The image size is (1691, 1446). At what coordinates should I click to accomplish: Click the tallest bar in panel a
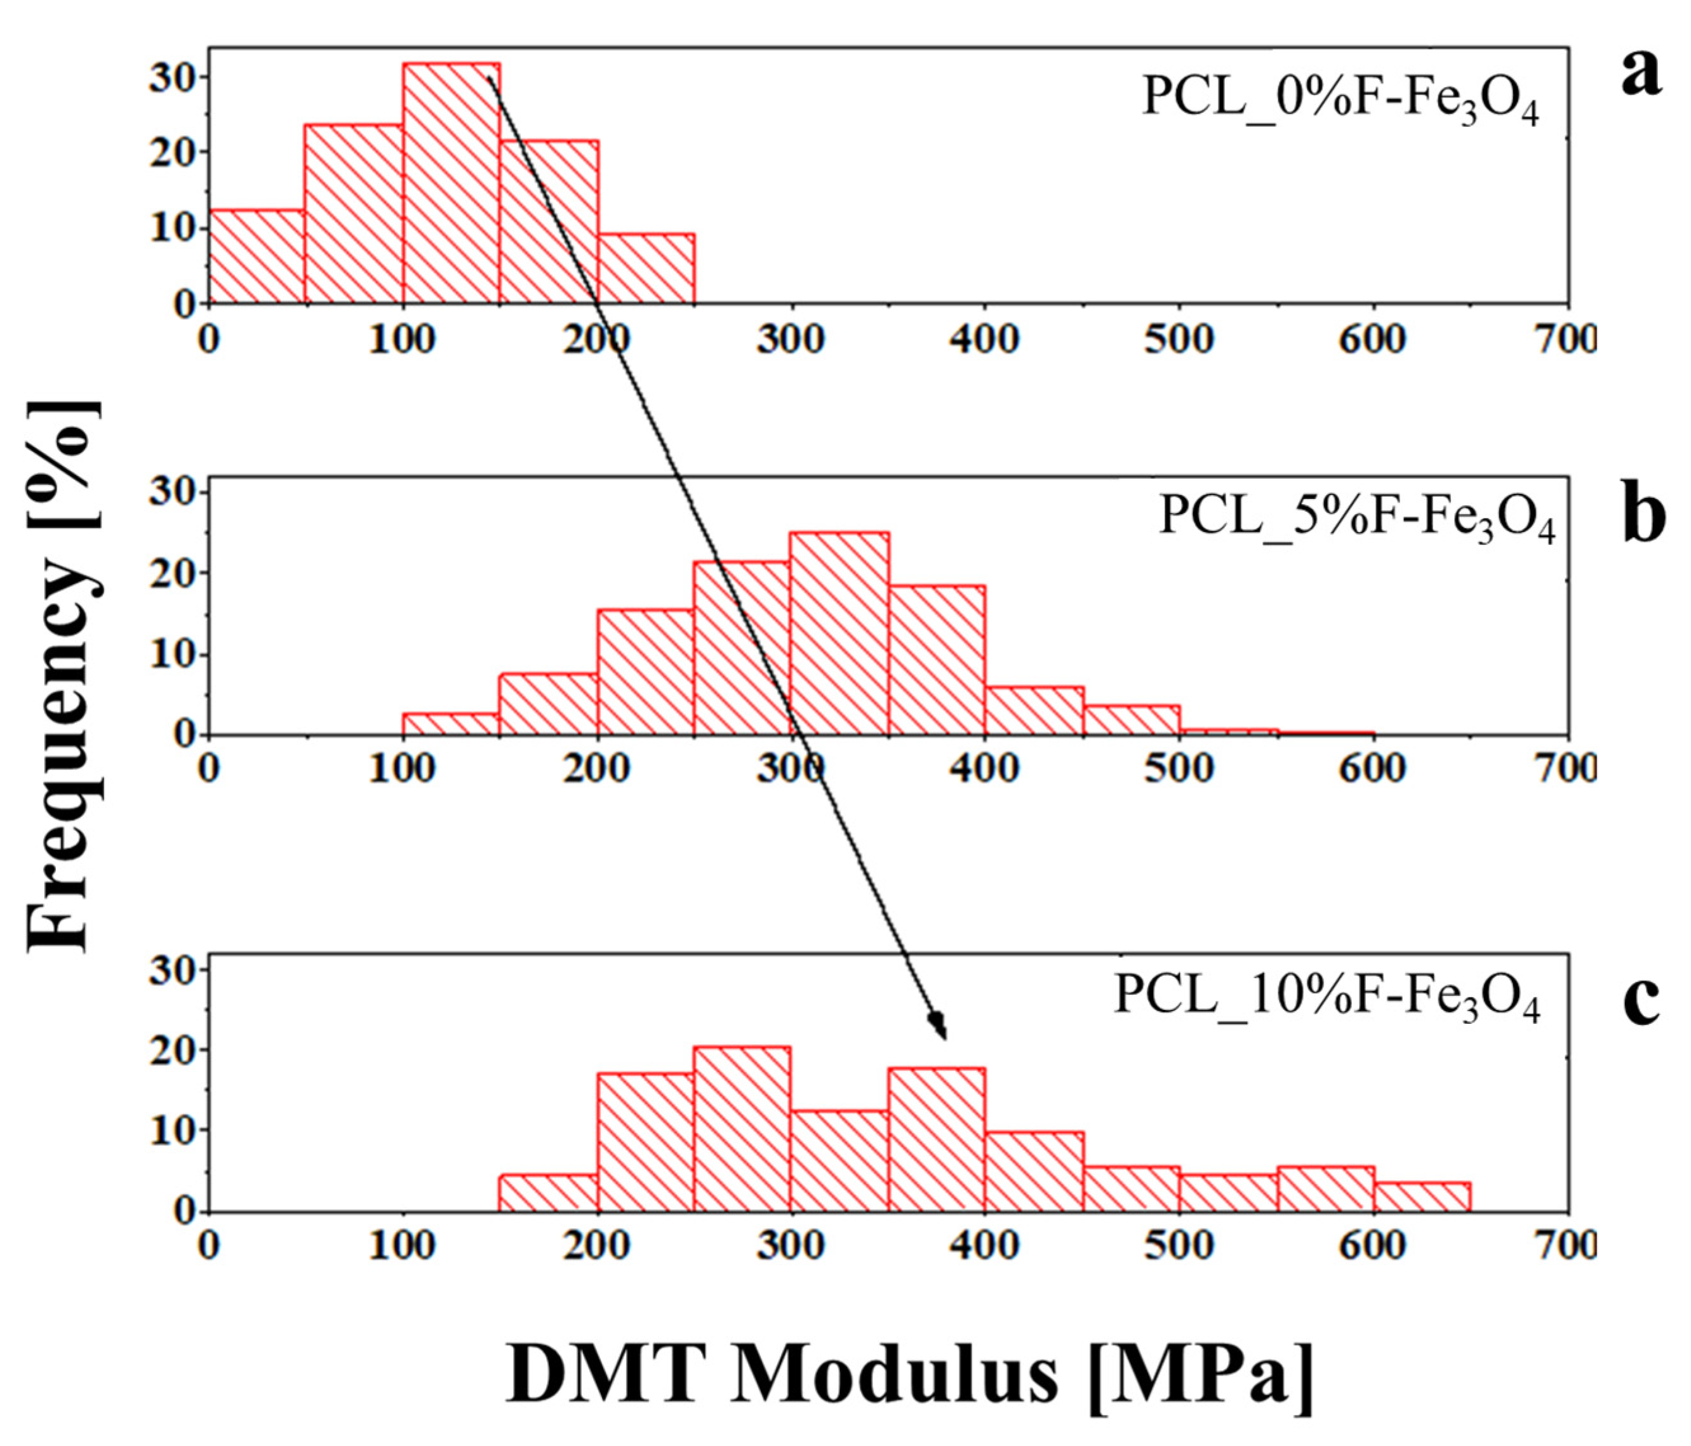[451, 183]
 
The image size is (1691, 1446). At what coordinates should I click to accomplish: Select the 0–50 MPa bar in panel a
[257, 257]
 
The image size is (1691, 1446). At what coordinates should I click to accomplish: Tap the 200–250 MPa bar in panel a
[646, 269]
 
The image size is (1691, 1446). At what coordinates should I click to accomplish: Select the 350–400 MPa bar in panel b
[937, 660]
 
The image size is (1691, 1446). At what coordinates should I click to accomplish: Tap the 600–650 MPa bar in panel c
[1422, 1197]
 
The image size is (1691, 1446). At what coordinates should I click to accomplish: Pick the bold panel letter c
[1640, 1000]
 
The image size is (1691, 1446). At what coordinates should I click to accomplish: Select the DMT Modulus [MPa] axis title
[910, 1374]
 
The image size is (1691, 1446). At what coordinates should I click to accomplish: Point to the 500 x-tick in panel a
[1179, 340]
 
